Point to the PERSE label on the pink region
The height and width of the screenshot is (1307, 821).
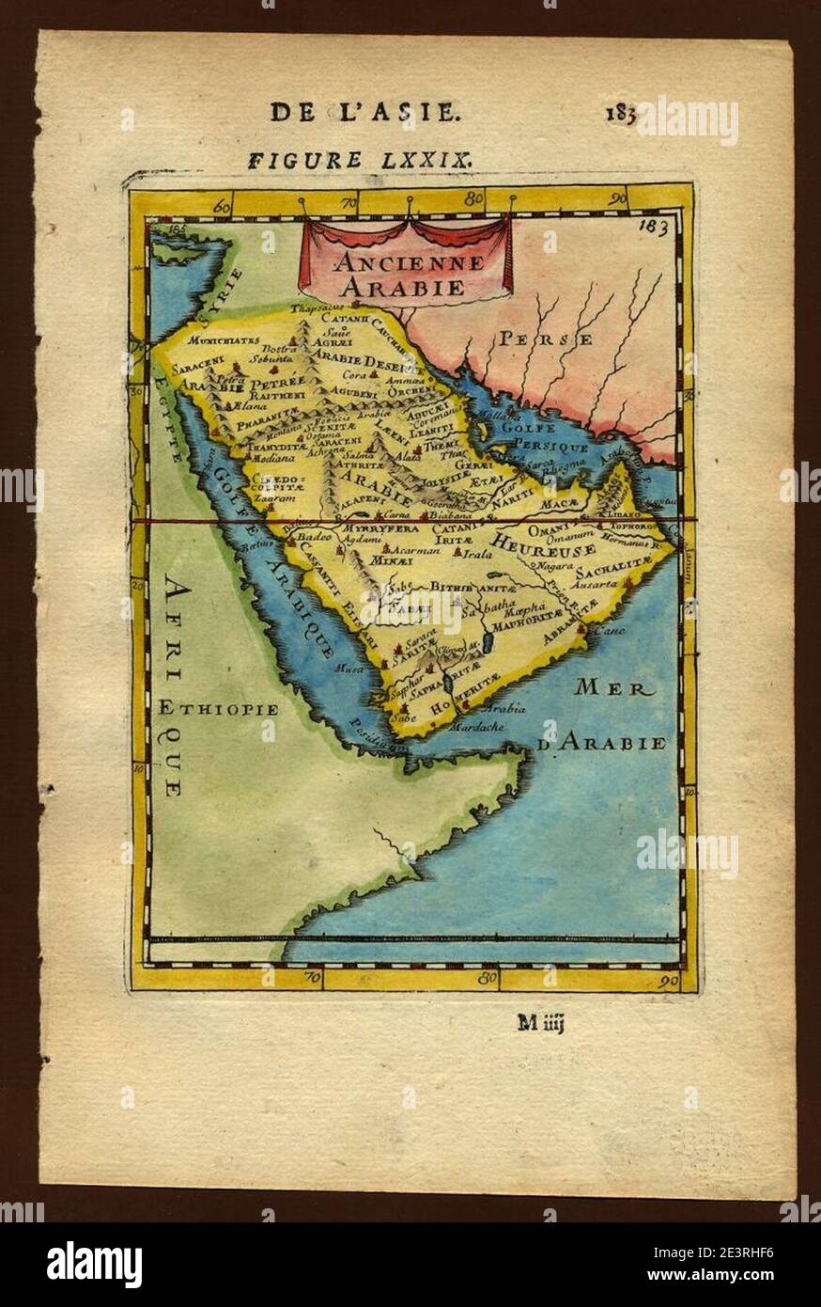click(x=545, y=339)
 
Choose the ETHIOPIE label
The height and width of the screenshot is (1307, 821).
click(x=217, y=709)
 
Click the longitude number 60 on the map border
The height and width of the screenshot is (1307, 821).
click(x=223, y=206)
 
